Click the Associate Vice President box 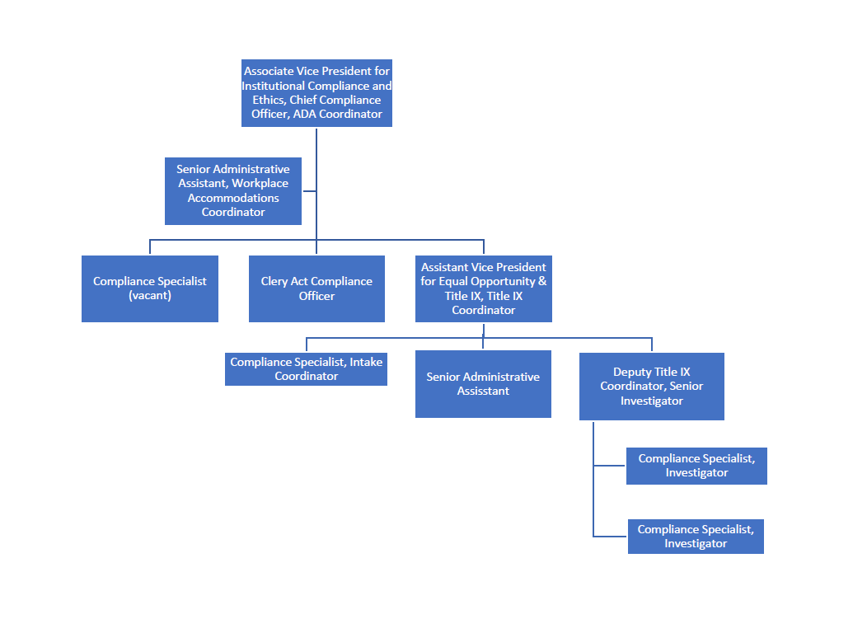coord(316,92)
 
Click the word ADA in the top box coord(304,115)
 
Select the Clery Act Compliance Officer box coord(316,288)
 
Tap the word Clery coord(274,282)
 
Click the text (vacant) coord(150,296)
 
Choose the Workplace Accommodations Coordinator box coord(232,190)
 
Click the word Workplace coord(260,184)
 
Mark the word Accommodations coord(233,198)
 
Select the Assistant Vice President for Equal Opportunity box coord(483,288)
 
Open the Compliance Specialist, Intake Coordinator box coord(306,369)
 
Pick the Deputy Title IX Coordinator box coord(651,387)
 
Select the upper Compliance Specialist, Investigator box coord(696,466)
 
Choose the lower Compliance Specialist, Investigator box coord(696,537)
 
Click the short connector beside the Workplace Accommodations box coord(309,191)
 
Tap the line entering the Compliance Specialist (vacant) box coord(150,247)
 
